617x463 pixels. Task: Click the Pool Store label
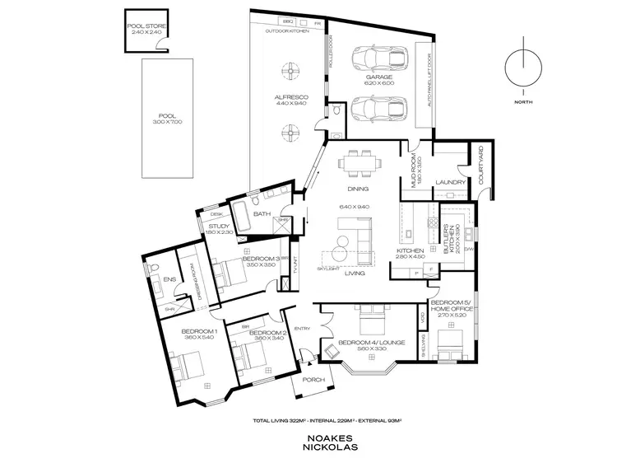click(x=146, y=26)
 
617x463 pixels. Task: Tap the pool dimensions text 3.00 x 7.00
click(x=167, y=122)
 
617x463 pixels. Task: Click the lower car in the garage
click(x=378, y=108)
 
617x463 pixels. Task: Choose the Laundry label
click(x=451, y=182)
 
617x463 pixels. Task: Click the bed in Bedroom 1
click(x=190, y=363)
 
